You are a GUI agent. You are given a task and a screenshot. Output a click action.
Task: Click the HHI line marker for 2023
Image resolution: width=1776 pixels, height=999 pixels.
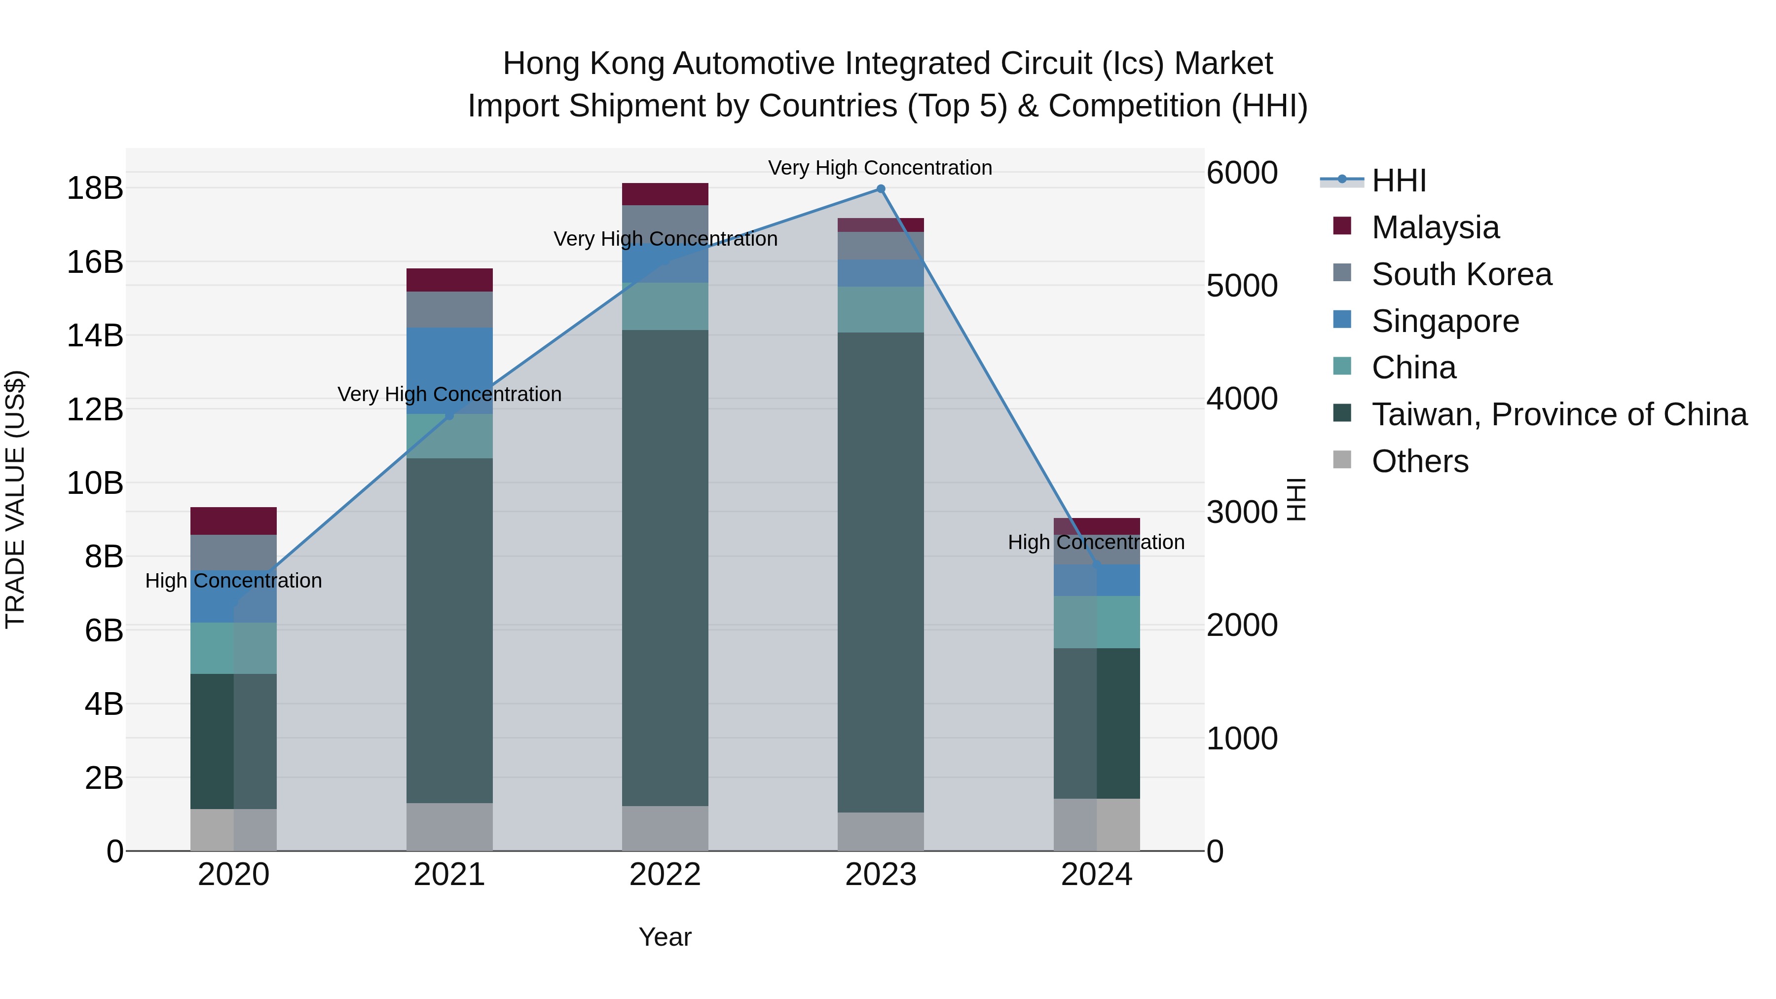click(881, 189)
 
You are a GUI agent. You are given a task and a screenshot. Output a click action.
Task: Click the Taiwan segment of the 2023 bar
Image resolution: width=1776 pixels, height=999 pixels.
click(881, 572)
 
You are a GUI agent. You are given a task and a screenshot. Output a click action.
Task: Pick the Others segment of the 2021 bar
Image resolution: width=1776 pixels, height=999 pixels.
click(449, 827)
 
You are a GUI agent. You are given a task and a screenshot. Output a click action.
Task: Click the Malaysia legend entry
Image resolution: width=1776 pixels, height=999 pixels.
click(1435, 227)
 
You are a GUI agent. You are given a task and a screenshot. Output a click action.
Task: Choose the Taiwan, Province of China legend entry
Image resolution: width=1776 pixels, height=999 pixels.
click(1558, 414)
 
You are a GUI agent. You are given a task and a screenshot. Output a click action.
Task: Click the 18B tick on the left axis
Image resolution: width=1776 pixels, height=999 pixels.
click(95, 188)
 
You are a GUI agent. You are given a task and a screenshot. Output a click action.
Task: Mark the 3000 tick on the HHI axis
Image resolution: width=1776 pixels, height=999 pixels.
click(1242, 512)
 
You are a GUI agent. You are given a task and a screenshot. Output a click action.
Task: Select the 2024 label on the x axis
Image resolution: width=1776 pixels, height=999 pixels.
click(1096, 875)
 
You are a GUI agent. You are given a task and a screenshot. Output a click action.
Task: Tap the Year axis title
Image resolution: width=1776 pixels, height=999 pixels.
click(665, 937)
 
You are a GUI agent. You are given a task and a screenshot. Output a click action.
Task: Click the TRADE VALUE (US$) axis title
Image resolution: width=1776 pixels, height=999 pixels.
click(15, 499)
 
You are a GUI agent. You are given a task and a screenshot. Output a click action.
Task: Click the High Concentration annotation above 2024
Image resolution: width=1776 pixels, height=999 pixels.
click(1096, 543)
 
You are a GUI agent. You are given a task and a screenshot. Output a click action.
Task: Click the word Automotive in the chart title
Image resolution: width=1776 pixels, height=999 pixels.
click(754, 64)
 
